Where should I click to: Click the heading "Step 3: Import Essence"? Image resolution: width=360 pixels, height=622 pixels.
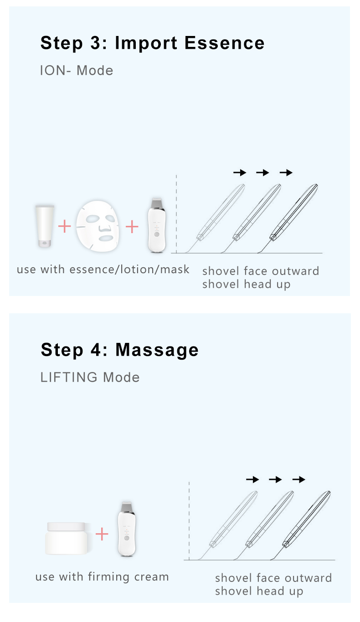[x=152, y=43]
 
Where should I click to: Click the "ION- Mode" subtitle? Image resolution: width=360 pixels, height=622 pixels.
[x=77, y=71]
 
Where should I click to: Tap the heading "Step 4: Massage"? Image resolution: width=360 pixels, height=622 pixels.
[x=119, y=350]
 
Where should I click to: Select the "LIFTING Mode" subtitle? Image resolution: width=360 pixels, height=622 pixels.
[x=90, y=377]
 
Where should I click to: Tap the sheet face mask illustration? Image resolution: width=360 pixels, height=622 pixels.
[x=98, y=226]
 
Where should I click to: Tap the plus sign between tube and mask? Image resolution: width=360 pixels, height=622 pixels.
[x=65, y=226]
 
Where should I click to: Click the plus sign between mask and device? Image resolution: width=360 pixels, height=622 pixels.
[x=132, y=226]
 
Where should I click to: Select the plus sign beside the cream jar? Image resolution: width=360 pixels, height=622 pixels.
[x=102, y=534]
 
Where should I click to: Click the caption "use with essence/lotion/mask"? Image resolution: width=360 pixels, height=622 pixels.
[x=103, y=270]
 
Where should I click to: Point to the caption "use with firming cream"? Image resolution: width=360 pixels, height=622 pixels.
[x=102, y=577]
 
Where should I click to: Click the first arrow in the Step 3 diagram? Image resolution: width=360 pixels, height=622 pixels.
[x=240, y=173]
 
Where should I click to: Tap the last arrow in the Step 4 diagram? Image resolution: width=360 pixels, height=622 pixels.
[x=298, y=479]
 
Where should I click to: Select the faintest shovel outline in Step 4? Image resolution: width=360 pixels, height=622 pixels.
[x=234, y=519]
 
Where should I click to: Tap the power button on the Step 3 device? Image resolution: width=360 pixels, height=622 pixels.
[x=156, y=236]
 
